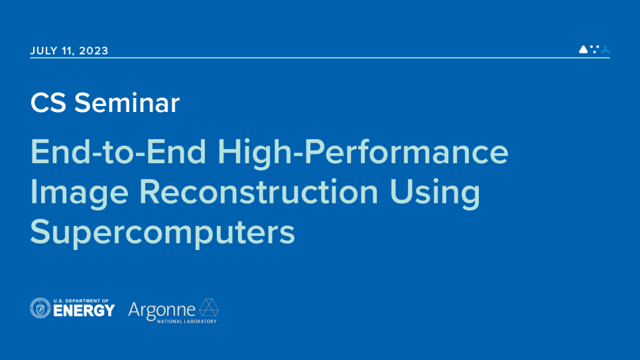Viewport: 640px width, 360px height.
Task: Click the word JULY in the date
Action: pyautogui.click(x=44, y=50)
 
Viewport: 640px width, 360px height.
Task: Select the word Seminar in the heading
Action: pyautogui.click(x=127, y=103)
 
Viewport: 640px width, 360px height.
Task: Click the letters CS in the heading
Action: pyautogui.click(x=48, y=103)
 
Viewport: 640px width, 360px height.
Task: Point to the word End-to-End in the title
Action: pyautogui.click(x=120, y=153)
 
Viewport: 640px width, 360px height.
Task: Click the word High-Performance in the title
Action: pyautogui.click(x=363, y=153)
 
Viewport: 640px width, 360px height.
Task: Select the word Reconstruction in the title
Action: pyautogui.click(x=258, y=193)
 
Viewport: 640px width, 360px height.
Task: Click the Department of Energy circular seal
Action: pyautogui.click(x=40, y=308)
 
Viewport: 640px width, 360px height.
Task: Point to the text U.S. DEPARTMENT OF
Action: pyautogui.click(x=83, y=300)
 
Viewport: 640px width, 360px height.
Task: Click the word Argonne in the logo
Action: pyautogui.click(x=162, y=309)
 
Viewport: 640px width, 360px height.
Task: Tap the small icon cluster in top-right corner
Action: pyautogui.click(x=594, y=49)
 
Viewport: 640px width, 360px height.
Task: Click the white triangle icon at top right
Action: pyautogui.click(x=583, y=49)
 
